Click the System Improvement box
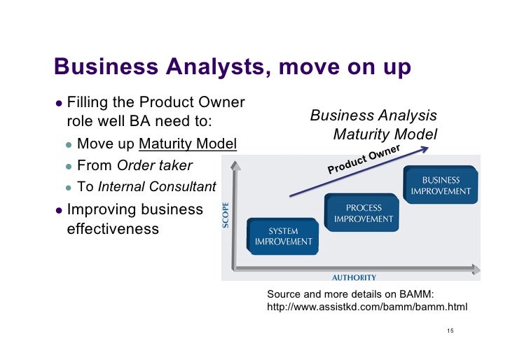283,236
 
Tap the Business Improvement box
441,186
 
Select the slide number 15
450,331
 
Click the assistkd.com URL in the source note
367,307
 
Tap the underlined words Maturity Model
188,144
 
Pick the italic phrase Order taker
154,166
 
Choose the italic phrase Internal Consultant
157,187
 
